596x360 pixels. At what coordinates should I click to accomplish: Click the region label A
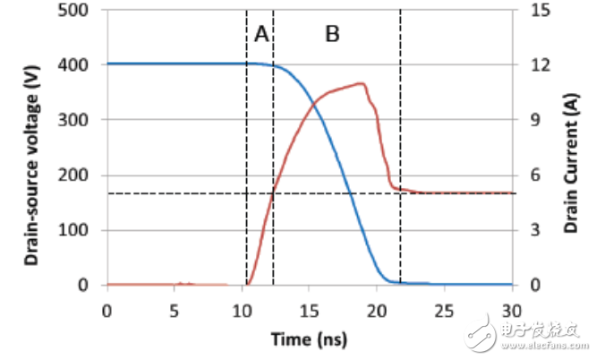260,34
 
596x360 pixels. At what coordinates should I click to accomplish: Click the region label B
332,34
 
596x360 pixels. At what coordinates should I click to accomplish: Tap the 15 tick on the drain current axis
534,10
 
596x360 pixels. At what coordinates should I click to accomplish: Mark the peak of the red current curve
362,83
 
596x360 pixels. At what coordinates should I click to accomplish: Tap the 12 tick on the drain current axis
534,65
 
